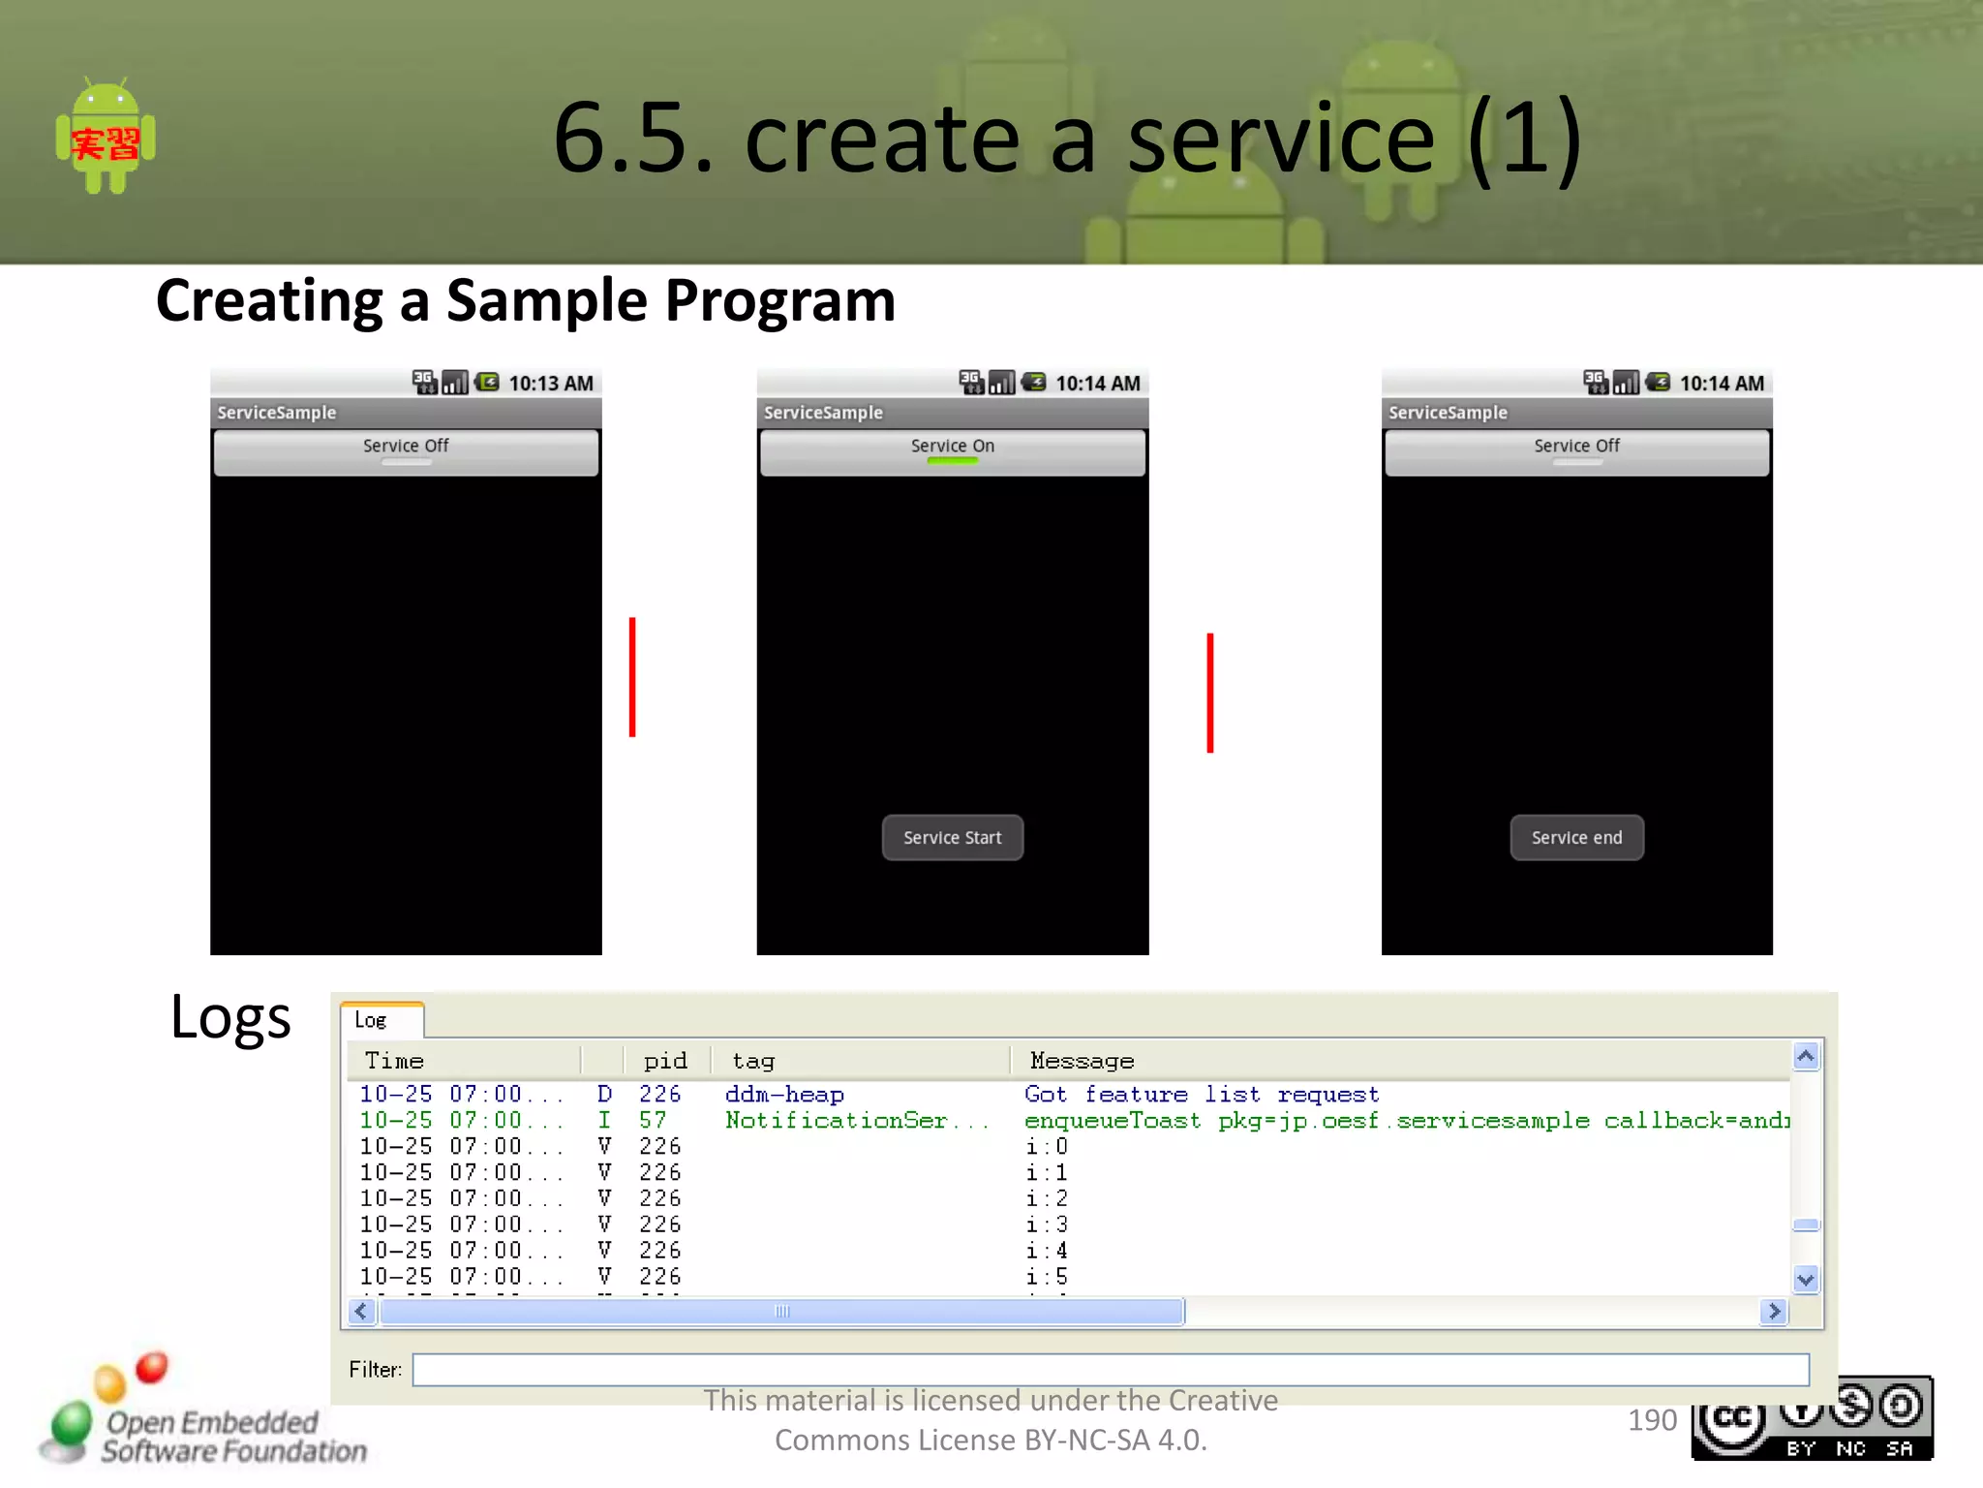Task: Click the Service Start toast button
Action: click(x=952, y=838)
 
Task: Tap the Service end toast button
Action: click(x=1576, y=838)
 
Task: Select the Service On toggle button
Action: click(x=952, y=451)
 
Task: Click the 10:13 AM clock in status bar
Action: click(x=550, y=384)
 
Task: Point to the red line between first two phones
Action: click(x=632, y=677)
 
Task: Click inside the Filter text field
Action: click(x=1110, y=1369)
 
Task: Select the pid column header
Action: click(x=665, y=1061)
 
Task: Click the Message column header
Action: click(x=1082, y=1061)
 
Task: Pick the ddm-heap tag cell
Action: click(x=784, y=1095)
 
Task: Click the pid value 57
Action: click(x=653, y=1121)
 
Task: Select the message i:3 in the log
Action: click(x=1047, y=1224)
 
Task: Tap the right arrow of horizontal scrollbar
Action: click(x=1774, y=1312)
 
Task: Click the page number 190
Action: click(x=1652, y=1420)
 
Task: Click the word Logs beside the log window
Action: click(x=230, y=1018)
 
